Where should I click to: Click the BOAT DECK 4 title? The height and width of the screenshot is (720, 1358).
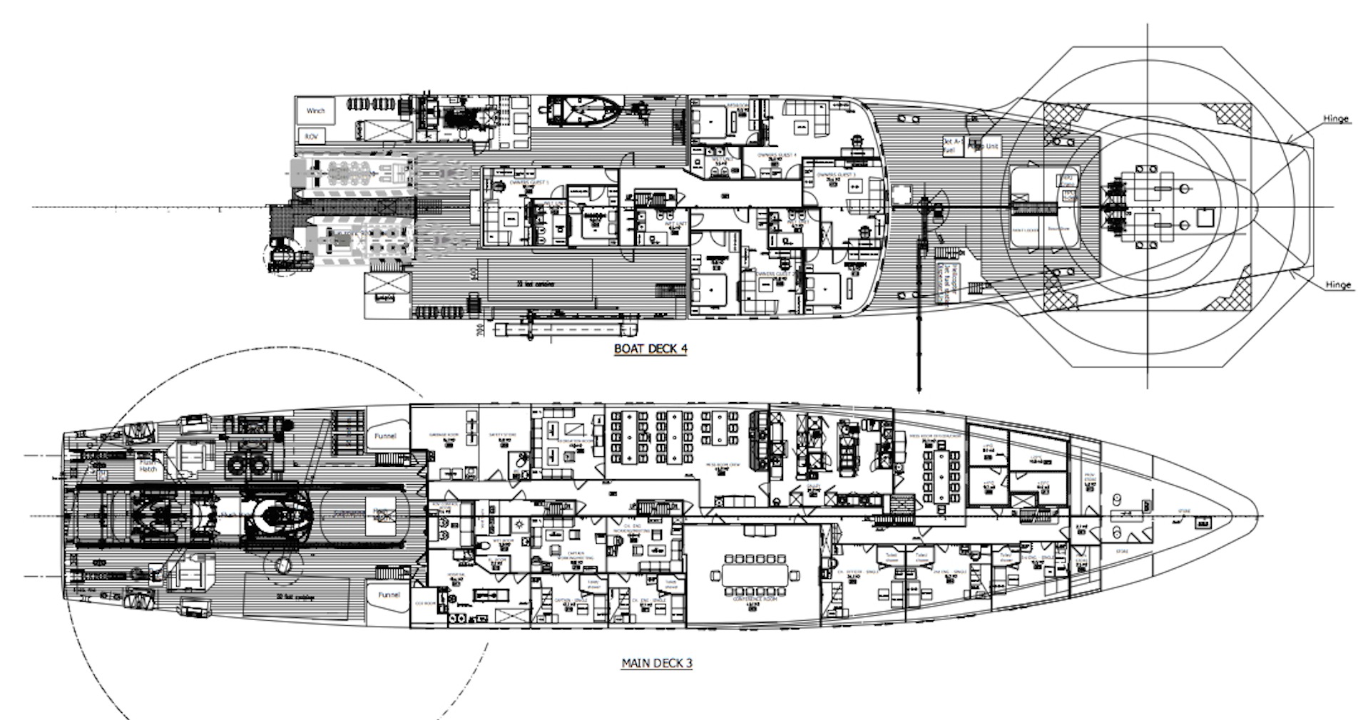[x=650, y=349]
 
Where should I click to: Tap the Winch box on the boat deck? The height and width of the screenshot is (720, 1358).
[x=315, y=111]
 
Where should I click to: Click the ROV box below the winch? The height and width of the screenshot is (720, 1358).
[x=311, y=135]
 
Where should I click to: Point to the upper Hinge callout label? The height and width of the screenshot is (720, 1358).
[x=1336, y=119]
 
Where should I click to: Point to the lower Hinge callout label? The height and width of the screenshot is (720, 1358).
[x=1338, y=284]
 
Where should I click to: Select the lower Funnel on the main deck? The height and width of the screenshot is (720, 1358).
[x=389, y=595]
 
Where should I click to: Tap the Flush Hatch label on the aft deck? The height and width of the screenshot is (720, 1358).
[x=148, y=465]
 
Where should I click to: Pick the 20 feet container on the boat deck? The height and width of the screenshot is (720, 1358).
[x=542, y=284]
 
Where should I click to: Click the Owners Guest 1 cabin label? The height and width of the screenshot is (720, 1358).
[x=528, y=182]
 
